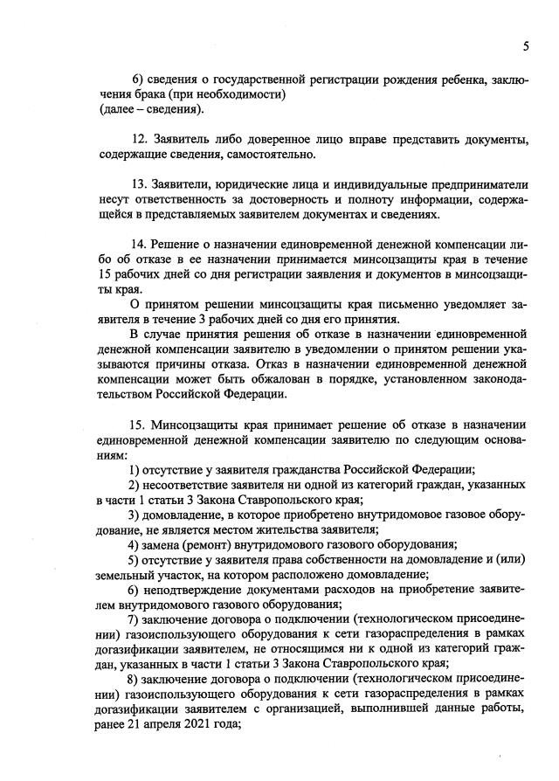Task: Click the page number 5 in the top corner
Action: click(x=526, y=45)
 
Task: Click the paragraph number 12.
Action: click(x=138, y=140)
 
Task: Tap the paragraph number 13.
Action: click(x=138, y=185)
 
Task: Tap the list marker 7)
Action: click(x=135, y=619)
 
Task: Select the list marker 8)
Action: click(x=135, y=679)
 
